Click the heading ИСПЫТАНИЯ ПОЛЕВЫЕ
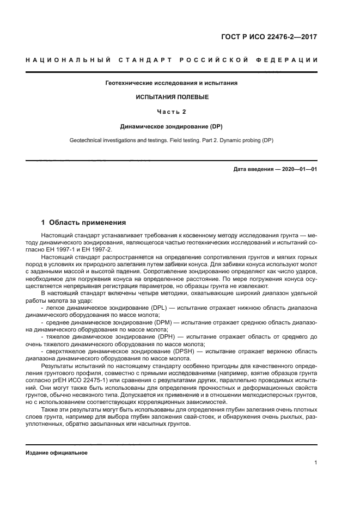pos(172,97)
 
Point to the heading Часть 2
pos(172,112)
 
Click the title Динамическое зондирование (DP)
pos(172,126)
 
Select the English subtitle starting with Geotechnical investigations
pos(172,140)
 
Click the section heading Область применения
pos(88,222)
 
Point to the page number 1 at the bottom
pos(316,463)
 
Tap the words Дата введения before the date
pos(254,169)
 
